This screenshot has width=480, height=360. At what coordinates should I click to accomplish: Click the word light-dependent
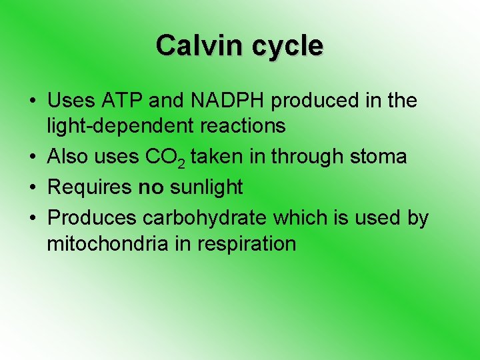113,125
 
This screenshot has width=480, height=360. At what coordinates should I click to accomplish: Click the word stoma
377,157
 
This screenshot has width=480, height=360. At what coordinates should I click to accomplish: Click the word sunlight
207,187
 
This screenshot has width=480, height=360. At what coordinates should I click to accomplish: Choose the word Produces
91,218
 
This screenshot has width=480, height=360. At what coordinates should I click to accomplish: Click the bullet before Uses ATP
33,102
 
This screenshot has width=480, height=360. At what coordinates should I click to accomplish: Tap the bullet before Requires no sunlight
33,188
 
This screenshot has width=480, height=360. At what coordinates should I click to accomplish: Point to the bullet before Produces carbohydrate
33,219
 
